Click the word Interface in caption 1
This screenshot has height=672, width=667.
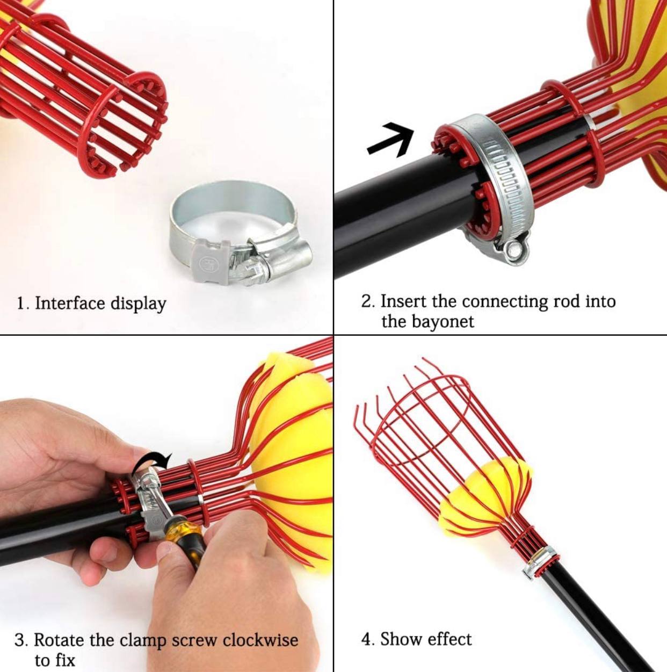pyautogui.click(x=70, y=304)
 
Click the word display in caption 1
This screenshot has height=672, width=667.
pyautogui.click(x=138, y=304)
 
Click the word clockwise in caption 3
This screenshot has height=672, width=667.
pyautogui.click(x=260, y=640)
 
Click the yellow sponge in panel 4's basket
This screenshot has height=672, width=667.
pyautogui.click(x=487, y=492)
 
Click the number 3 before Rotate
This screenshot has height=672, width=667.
pyautogui.click(x=20, y=640)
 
